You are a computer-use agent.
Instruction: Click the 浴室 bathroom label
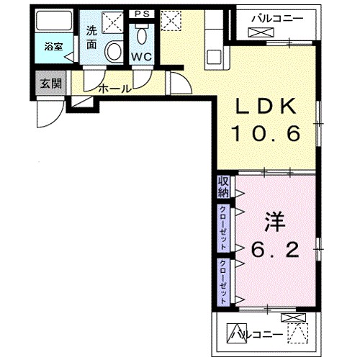point(53,47)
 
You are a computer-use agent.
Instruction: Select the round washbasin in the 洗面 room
point(114,51)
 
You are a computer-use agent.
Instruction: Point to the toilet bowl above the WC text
point(142,35)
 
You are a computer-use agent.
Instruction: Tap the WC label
point(141,55)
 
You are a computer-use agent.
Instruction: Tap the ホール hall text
point(114,89)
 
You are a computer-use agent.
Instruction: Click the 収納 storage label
point(222,186)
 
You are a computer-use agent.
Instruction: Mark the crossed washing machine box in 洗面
point(114,24)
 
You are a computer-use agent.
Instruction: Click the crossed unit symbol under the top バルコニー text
point(257,32)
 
